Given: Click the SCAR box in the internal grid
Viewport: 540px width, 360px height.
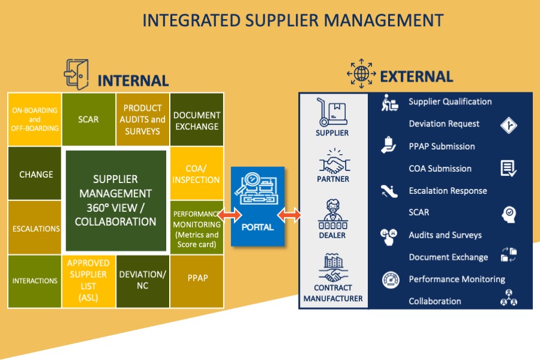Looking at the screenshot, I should pos(88,120).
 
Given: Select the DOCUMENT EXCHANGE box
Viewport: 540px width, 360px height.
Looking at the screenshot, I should pos(197,120).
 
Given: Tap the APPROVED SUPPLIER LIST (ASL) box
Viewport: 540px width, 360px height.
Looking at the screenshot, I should pos(88,280).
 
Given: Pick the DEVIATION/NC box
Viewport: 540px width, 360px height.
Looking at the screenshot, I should pos(142,280).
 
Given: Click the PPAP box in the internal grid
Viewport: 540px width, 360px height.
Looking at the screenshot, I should pos(197,280).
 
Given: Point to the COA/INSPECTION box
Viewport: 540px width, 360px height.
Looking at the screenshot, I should pos(196,174).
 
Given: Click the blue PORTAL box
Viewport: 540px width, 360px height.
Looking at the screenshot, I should pos(257,207).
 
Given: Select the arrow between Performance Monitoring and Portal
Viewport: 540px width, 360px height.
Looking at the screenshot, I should pos(230,214).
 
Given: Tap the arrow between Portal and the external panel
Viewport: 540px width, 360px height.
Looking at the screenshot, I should pos(289,214).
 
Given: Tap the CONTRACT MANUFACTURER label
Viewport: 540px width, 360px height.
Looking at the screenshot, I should pos(333,293).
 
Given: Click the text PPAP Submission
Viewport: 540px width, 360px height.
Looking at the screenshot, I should pos(442,146).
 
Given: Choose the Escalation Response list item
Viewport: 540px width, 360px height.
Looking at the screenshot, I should pos(448,191).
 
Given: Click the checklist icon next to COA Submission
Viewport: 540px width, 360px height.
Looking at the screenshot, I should pos(508,169).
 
